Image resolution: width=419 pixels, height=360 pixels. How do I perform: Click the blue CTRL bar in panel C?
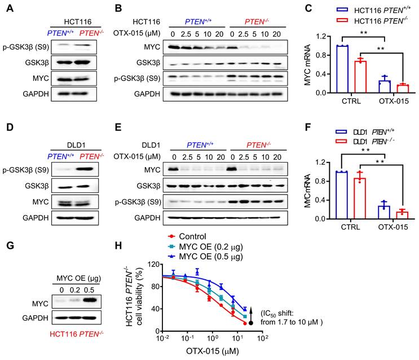[x=339, y=69]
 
